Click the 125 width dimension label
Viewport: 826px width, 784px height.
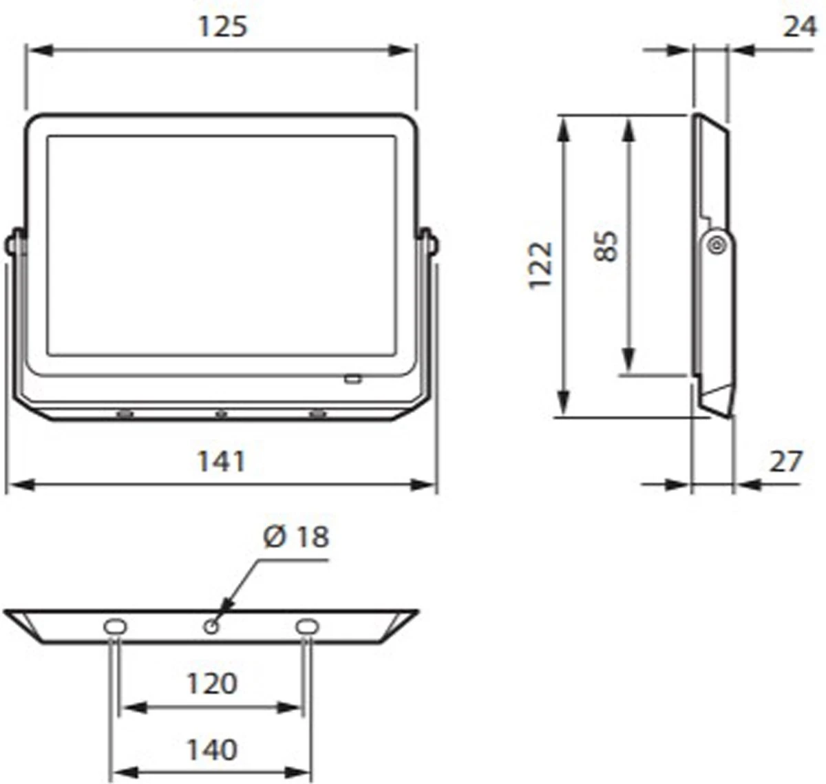[x=222, y=27]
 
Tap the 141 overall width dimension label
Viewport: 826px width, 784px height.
[x=221, y=461]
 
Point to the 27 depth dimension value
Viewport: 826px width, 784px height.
[x=785, y=461]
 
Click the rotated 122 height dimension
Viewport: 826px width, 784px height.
[x=541, y=265]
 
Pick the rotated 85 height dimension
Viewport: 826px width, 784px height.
[x=606, y=246]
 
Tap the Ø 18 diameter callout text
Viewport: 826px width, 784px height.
[x=296, y=537]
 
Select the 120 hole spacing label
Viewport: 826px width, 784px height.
[x=211, y=684]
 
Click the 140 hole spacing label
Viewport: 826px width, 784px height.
[x=211, y=749]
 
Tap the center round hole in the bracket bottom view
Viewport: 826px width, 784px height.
[x=211, y=626]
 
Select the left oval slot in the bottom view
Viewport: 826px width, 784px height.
[x=114, y=626]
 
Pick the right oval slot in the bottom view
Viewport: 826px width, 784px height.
[x=307, y=626]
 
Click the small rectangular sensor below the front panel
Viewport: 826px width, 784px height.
[x=352, y=379]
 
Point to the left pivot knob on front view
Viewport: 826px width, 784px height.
[x=11, y=244]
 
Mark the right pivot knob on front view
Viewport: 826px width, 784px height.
[x=432, y=244]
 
